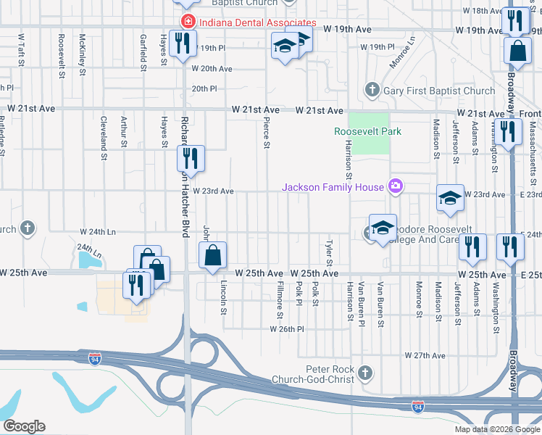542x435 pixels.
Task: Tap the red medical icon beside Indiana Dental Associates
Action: (x=188, y=22)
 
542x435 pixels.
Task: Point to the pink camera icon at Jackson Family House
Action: (x=395, y=187)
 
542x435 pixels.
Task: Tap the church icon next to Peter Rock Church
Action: (x=366, y=373)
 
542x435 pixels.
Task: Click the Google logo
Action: (x=24, y=426)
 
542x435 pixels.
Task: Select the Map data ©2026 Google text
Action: (x=497, y=429)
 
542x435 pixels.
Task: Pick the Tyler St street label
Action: (x=329, y=253)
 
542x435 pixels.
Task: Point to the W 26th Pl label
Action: (x=287, y=329)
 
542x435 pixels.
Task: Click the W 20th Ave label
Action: (x=212, y=68)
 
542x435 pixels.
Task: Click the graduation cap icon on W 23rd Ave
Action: (x=450, y=199)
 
